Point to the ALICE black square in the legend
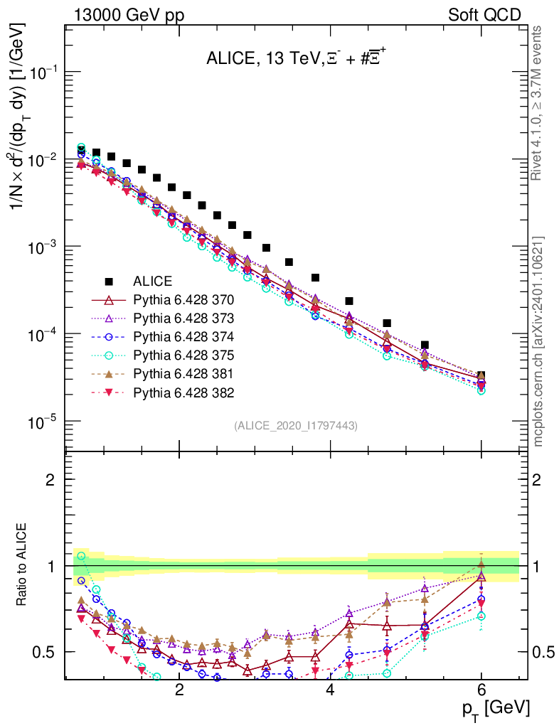click(x=108, y=280)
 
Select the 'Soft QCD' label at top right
click(x=484, y=15)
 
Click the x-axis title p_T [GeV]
click(x=495, y=707)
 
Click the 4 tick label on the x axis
click(x=330, y=690)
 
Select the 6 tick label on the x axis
click(x=481, y=690)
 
